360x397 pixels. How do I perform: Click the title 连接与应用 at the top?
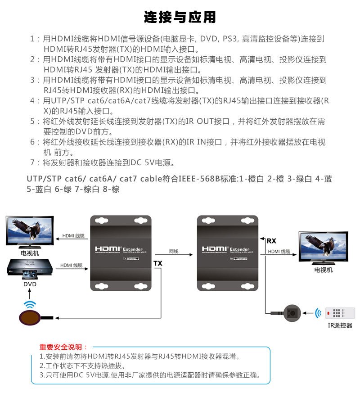pos(180,17)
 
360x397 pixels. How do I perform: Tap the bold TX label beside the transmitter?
pos(158,263)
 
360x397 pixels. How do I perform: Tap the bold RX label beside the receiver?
pos(272,241)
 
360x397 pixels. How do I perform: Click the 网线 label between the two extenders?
pos(174,251)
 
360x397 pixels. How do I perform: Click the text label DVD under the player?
pos(30,284)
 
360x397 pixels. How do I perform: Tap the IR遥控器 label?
pos(340,325)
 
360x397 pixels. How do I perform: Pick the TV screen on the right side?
pos(323,246)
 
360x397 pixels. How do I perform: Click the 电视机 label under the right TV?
pos(323,270)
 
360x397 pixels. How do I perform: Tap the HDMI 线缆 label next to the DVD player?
pos(72,265)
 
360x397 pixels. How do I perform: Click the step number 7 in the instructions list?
pos(32,162)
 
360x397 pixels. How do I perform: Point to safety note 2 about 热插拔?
pos(82,365)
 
